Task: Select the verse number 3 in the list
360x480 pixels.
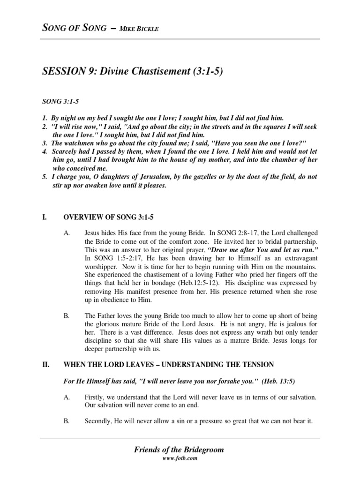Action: tap(45, 142)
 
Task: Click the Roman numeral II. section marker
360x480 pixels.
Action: tap(46, 364)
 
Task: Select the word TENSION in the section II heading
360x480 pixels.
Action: tap(255, 364)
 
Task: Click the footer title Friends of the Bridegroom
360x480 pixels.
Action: tap(179, 450)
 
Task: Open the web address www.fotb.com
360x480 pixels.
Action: tap(179, 459)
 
